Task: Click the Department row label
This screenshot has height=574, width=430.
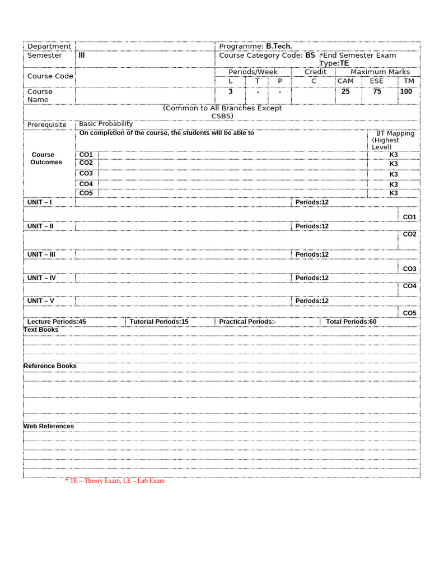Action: pos(49,46)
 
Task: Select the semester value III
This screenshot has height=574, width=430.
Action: pos(82,55)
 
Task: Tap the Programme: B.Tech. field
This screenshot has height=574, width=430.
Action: pos(255,46)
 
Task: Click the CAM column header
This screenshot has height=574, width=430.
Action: pos(345,81)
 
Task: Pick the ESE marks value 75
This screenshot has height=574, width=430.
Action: pos(377,91)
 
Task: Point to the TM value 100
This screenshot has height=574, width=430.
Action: pos(406,91)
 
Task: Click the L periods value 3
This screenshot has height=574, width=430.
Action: pos(230,91)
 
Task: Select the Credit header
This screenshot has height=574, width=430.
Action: pos(315,72)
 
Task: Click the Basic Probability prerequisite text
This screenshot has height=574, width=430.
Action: pos(106,124)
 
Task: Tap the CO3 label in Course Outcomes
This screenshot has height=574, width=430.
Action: pos(86,174)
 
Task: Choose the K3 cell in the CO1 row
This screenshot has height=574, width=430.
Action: pos(394,155)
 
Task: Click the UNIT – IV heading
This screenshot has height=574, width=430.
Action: pos(41,278)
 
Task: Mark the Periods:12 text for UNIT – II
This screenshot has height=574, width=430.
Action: pos(312,226)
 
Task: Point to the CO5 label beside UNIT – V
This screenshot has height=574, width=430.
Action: pos(409,313)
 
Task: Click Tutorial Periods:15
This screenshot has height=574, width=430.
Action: pos(159,322)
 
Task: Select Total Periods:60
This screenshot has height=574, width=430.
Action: pos(351,322)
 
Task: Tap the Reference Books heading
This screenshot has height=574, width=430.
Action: pos(50,366)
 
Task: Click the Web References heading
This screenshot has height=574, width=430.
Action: pos(49,427)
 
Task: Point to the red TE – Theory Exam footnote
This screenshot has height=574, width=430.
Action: pos(115,481)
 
